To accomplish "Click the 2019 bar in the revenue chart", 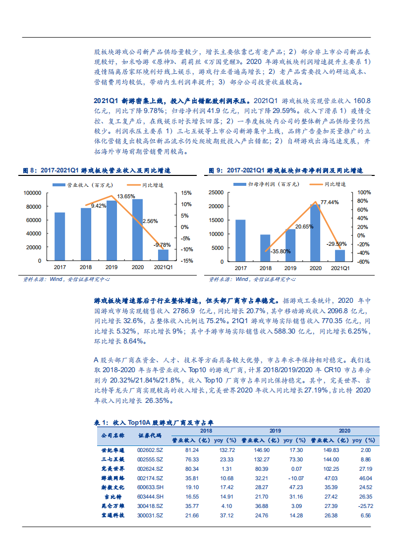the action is (112, 230).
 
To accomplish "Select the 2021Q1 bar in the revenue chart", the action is (164, 255).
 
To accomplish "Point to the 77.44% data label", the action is (330, 202).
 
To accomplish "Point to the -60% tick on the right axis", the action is (363, 261).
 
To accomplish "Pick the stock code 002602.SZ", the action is (150, 450).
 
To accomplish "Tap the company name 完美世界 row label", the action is (112, 469).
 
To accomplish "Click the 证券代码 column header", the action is (150, 436).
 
